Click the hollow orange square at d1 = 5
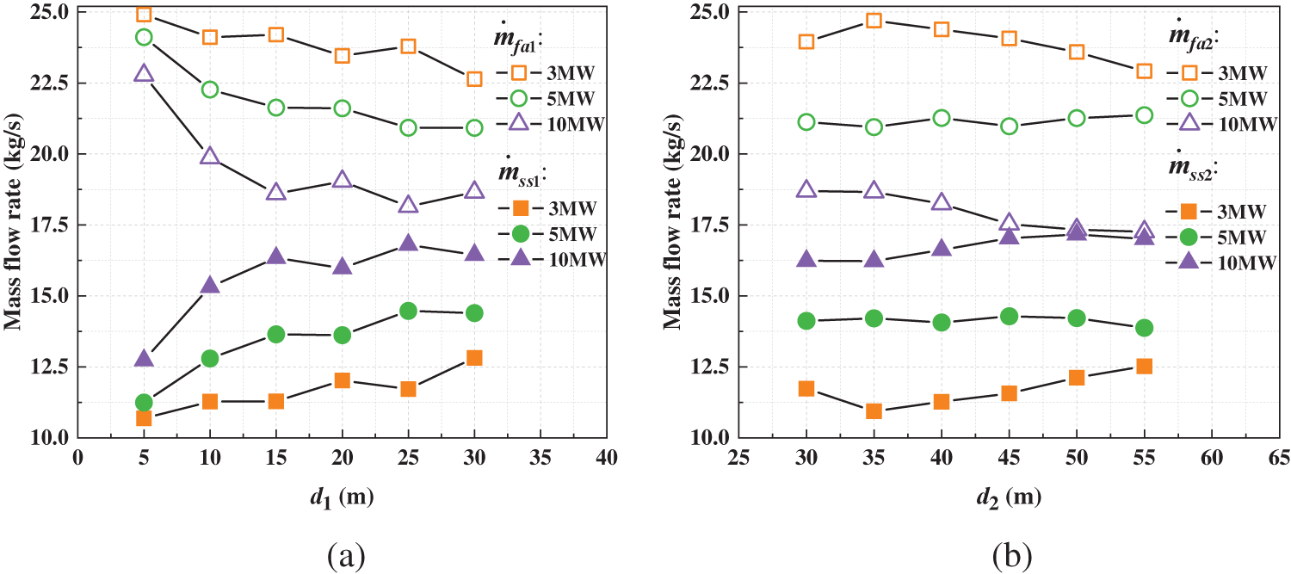point(144,15)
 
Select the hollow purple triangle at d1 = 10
point(210,156)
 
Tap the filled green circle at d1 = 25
point(409,311)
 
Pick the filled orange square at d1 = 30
point(474,358)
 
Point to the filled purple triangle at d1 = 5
point(144,358)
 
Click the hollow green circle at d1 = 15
point(276,108)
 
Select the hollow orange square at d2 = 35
point(874,21)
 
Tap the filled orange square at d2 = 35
point(874,411)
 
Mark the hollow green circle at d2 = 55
point(1144,114)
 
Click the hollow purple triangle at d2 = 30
point(806,189)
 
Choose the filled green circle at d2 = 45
point(1010,316)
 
